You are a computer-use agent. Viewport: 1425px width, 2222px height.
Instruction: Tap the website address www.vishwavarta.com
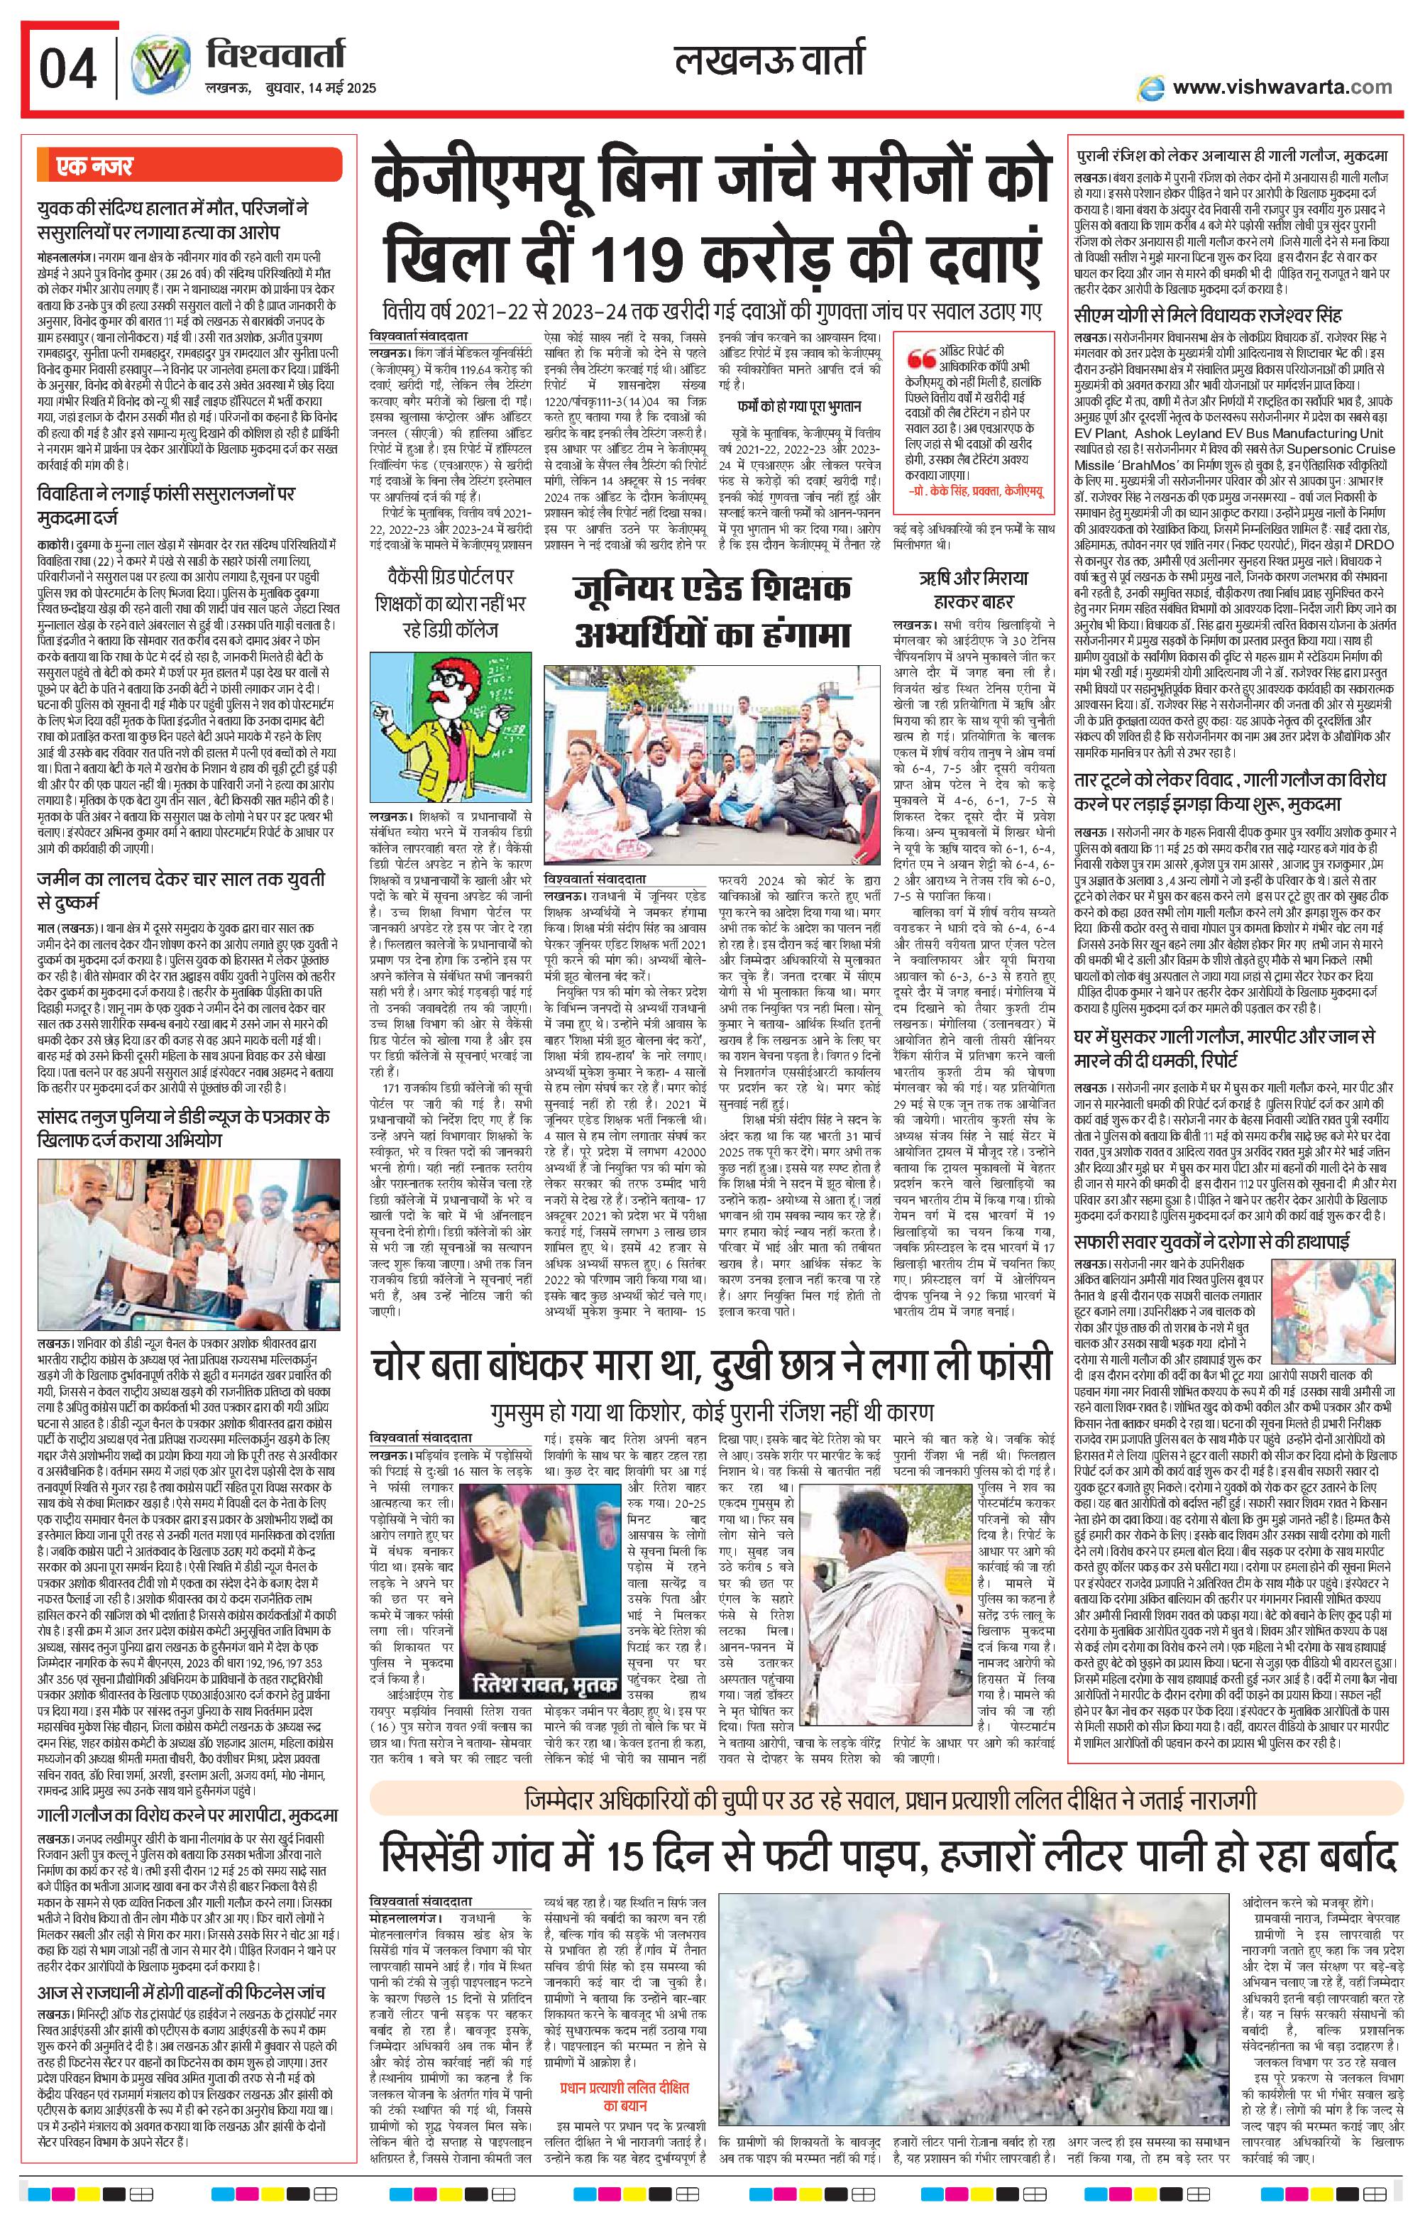[x=1281, y=87]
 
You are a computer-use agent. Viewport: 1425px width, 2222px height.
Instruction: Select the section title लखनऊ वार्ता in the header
[x=769, y=61]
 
